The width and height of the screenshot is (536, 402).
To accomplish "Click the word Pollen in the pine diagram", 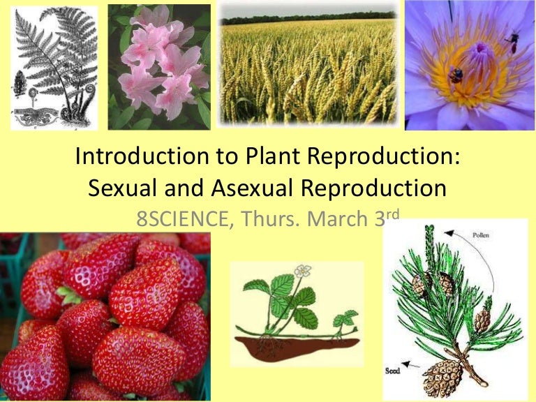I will tap(482, 235).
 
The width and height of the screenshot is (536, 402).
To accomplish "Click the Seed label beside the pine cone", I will tap(393, 371).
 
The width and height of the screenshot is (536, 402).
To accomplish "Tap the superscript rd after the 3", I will tap(392, 212).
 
